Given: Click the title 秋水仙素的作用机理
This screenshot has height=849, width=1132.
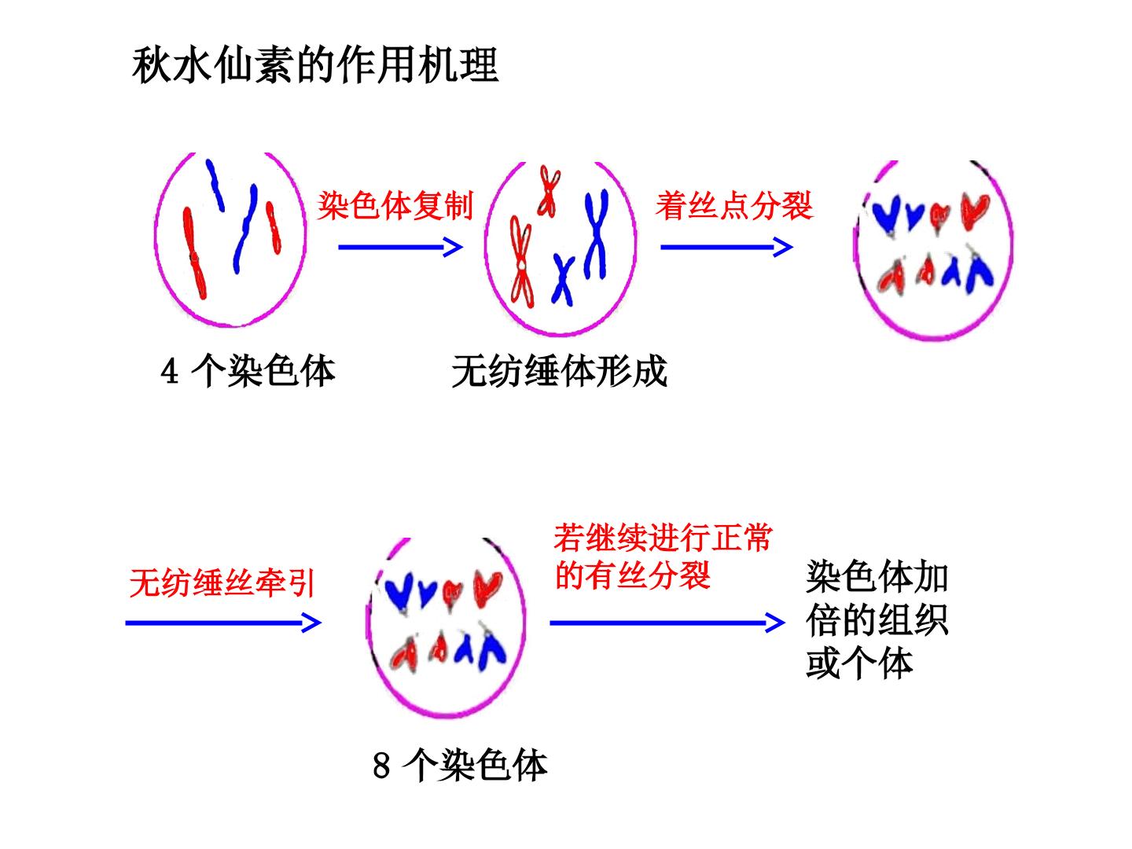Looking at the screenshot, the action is [315, 65].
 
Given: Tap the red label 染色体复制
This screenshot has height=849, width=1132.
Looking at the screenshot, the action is [395, 205].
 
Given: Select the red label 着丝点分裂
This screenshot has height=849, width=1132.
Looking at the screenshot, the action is [734, 205].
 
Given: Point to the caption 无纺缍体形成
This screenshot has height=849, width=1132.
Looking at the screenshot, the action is [559, 371].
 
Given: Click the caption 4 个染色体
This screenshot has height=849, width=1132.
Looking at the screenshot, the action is [248, 371].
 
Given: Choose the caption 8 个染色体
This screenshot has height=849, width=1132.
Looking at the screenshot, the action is [460, 766].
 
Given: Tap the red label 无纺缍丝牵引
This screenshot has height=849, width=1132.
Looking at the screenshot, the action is [222, 583].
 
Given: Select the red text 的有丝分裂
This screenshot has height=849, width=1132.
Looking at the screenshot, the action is [632, 575].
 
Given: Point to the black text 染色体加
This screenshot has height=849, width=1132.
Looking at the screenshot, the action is [877, 577].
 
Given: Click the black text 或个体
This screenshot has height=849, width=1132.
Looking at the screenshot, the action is [860, 663].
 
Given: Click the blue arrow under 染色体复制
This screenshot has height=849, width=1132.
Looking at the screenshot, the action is [400, 248].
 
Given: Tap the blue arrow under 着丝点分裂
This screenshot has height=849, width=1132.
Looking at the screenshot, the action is [726, 248].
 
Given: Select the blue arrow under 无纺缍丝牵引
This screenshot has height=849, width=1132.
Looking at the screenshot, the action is [222, 623].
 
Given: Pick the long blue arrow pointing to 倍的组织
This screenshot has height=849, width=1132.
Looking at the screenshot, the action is [667, 623].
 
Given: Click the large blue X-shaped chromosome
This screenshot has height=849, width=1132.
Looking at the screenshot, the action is [597, 234].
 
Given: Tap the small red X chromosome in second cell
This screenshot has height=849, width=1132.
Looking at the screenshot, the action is [549, 191].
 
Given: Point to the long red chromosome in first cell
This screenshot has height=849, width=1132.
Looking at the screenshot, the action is [194, 254].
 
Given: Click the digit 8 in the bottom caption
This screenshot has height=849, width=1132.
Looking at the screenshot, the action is [381, 766].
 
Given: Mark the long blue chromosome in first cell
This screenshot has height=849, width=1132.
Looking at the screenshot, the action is [244, 230].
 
